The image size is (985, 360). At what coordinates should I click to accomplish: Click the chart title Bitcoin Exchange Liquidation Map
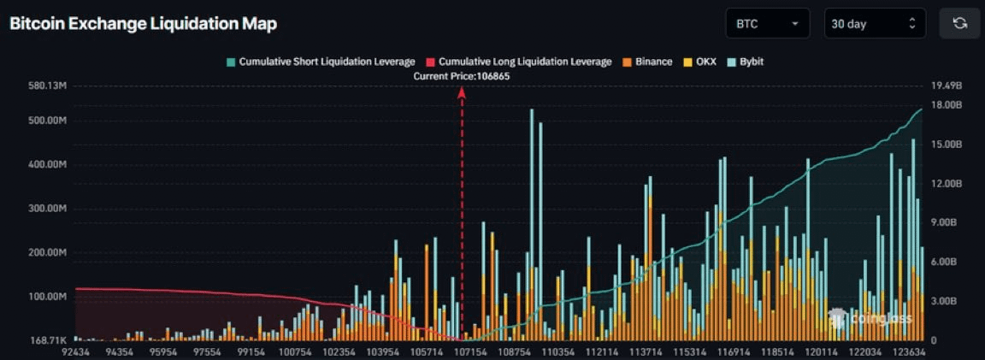[143, 24]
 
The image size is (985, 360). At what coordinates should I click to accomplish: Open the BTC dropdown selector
[767, 24]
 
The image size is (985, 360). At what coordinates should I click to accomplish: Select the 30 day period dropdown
[875, 24]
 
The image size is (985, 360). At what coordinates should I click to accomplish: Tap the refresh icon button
[959, 24]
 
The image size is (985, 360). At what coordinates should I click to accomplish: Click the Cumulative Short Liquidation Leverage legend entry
[321, 62]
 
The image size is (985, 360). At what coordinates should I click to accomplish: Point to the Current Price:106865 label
[462, 76]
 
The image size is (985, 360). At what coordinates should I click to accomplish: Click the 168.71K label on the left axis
[48, 340]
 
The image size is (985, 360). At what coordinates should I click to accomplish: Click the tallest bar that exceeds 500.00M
[532, 222]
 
